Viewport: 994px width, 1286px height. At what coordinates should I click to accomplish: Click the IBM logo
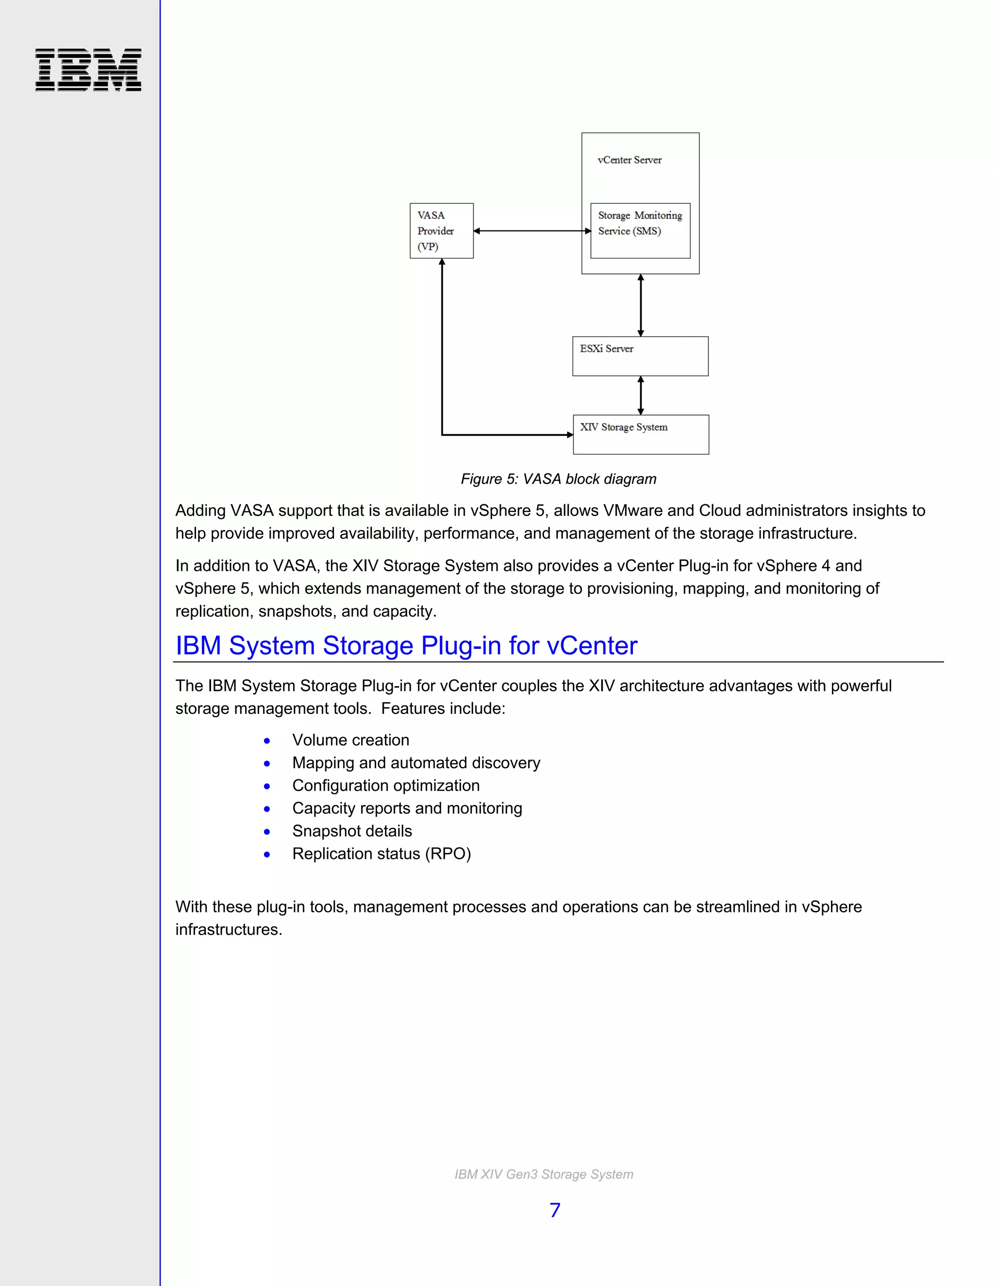(x=88, y=69)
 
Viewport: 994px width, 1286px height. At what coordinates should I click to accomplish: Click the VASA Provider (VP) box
(x=441, y=231)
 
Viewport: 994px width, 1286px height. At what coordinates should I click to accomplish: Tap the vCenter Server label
(x=630, y=160)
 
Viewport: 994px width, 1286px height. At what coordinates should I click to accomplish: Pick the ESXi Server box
(x=640, y=356)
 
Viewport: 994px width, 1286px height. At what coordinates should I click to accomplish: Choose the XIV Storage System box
(x=641, y=434)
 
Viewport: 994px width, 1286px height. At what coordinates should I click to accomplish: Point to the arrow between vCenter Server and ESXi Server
(x=641, y=305)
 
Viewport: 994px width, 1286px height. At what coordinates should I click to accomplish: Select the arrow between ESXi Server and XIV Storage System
(x=641, y=396)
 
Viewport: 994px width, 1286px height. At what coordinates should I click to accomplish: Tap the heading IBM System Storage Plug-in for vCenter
(x=406, y=646)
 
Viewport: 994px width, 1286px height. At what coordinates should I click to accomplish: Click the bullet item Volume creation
(x=350, y=740)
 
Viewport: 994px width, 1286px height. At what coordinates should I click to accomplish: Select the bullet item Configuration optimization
(x=386, y=786)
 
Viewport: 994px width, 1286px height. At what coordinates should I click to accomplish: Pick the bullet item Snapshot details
(x=352, y=831)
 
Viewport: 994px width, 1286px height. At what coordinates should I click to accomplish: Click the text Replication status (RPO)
(x=381, y=854)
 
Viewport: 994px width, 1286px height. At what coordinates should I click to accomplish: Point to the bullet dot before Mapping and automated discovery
(x=267, y=764)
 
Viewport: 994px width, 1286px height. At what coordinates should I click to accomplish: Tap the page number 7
(x=555, y=1210)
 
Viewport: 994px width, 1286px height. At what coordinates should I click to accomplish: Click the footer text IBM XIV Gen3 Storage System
(x=544, y=1174)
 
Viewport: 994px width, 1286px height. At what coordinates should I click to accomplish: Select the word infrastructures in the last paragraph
(x=229, y=930)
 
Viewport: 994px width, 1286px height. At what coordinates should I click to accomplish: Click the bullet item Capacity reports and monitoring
(x=407, y=808)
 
